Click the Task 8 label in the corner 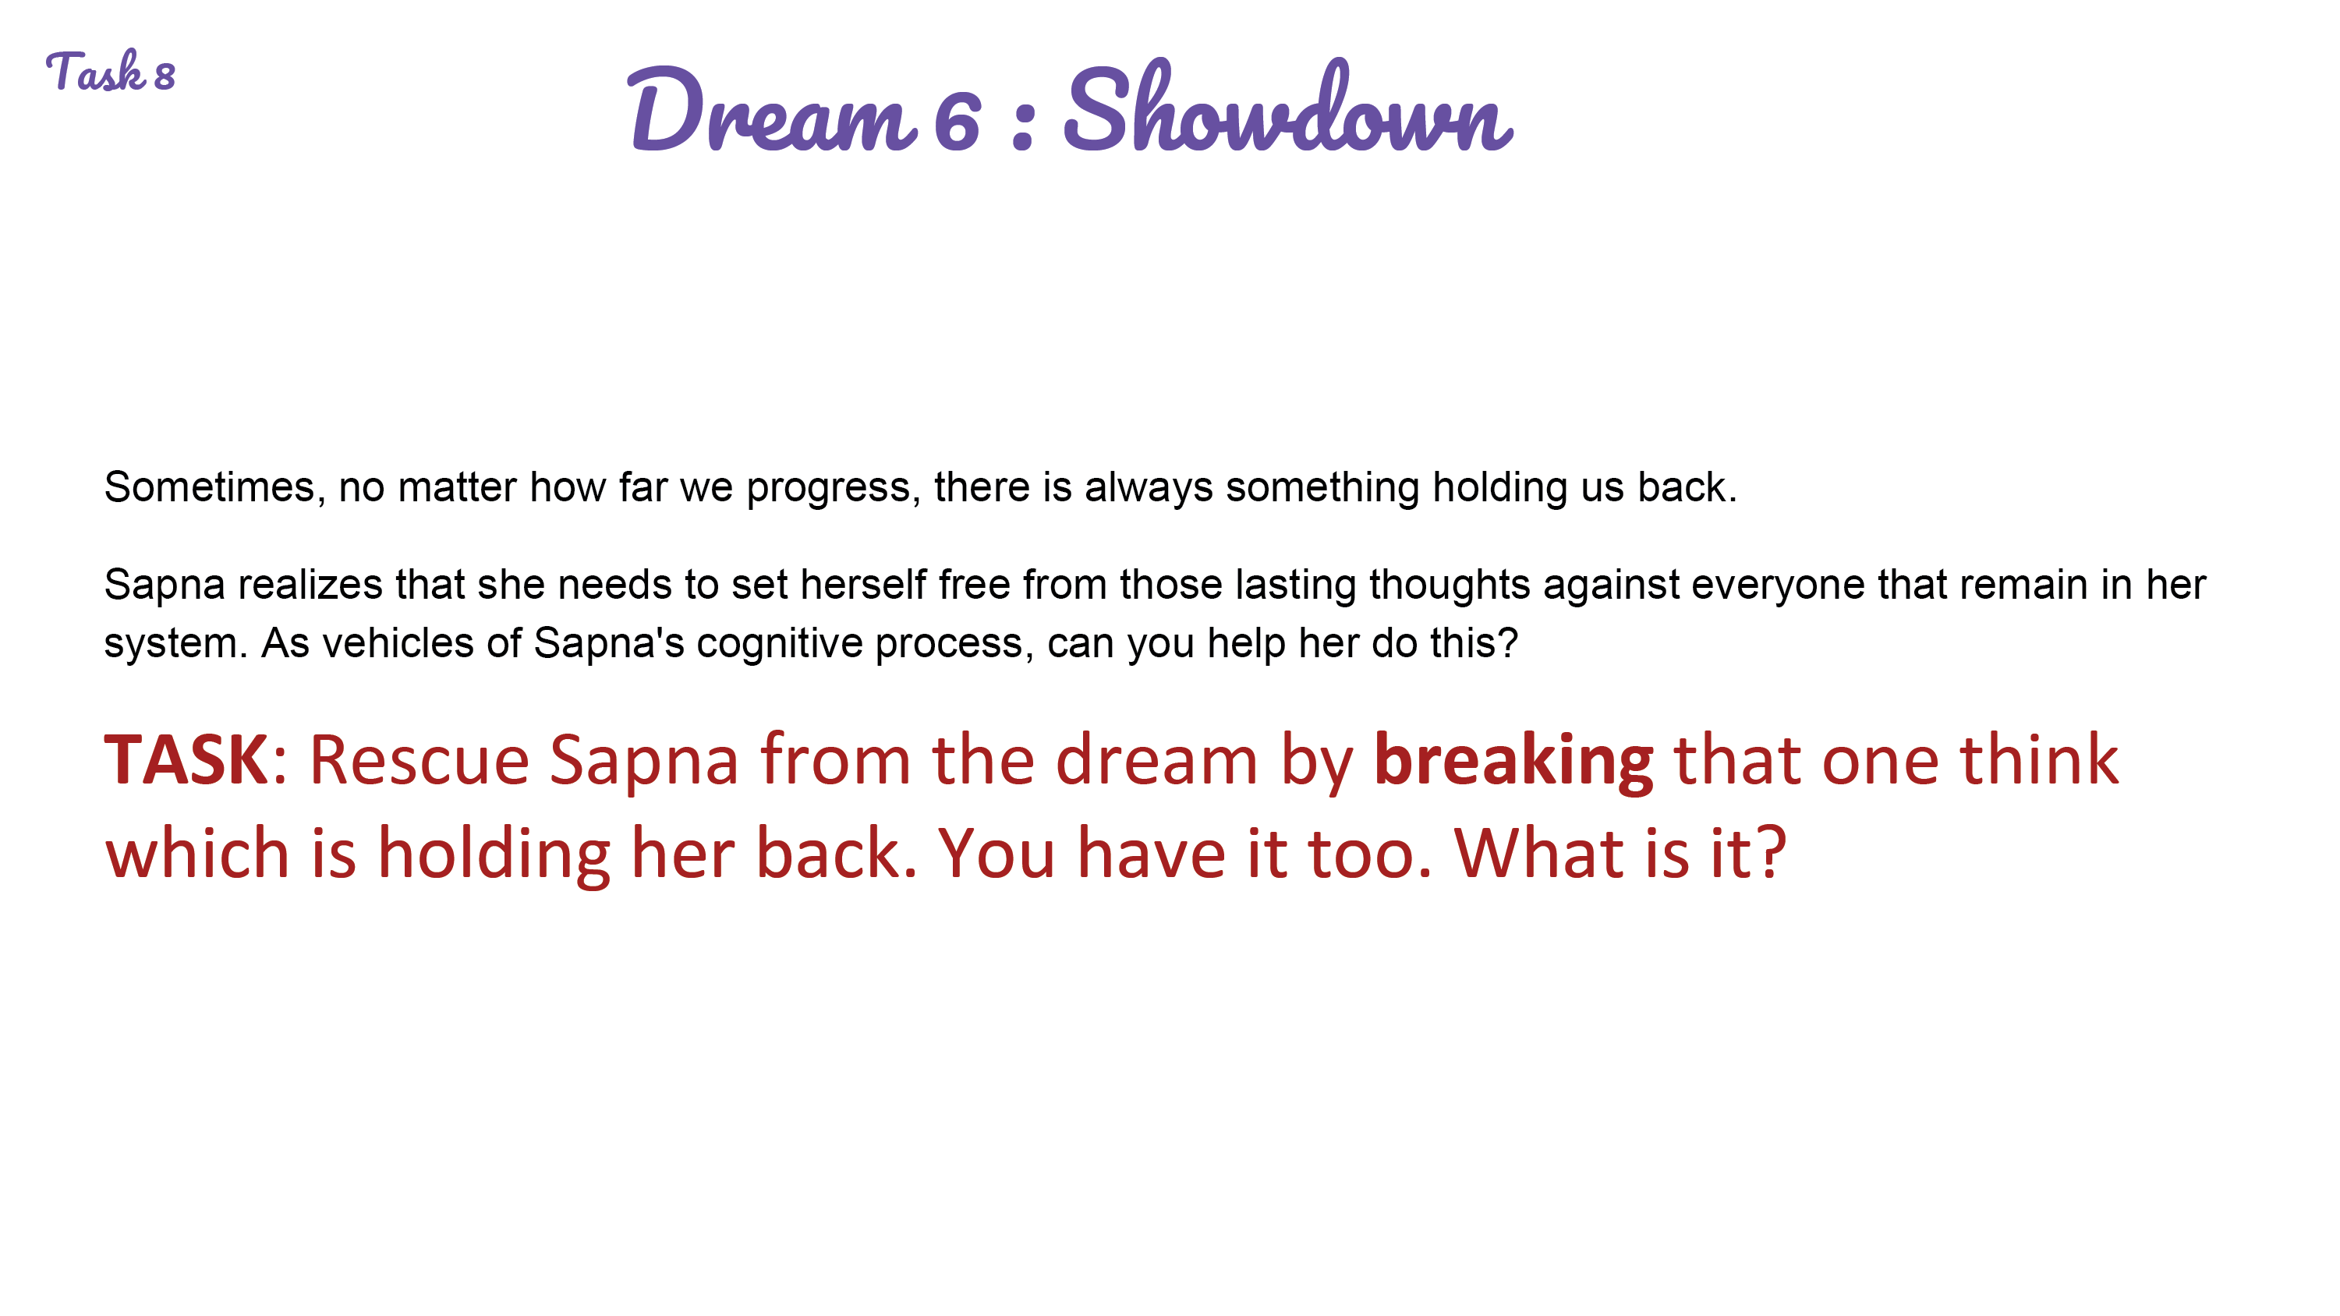click(110, 72)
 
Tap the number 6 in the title click(958, 121)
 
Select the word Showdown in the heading click(1288, 105)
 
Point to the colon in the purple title click(1023, 125)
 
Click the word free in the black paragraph click(974, 585)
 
